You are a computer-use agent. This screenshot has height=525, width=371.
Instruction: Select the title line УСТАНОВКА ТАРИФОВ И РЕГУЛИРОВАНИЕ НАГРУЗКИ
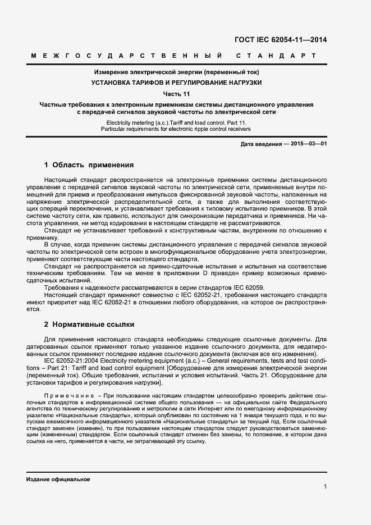tap(176, 82)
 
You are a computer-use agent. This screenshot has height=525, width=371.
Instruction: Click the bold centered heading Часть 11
tap(176, 93)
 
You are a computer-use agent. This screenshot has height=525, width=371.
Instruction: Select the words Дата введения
tap(261, 144)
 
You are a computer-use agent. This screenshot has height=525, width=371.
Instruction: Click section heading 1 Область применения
tap(88, 165)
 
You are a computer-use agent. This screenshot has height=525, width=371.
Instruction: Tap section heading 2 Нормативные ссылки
tap(88, 325)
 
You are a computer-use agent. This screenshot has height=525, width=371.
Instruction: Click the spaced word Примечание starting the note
tap(63, 396)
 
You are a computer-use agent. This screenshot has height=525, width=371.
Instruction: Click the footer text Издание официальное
tap(58, 480)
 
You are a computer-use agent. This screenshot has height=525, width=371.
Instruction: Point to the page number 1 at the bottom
tap(325, 487)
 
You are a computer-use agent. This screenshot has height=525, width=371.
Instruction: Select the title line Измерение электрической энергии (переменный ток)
tap(176, 72)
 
